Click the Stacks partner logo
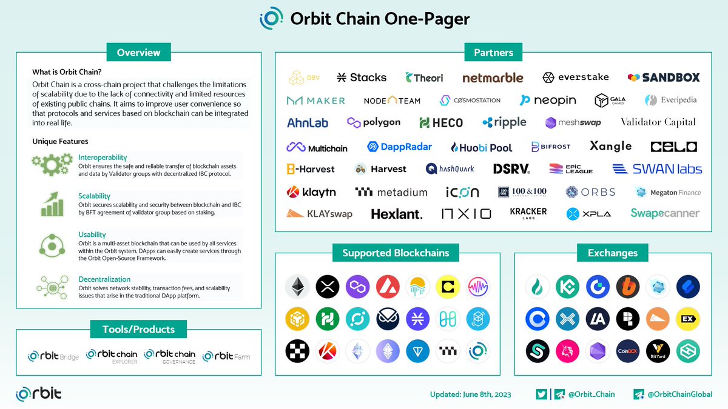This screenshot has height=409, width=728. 362,78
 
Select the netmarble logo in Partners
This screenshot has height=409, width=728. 493,78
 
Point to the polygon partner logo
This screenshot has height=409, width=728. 374,122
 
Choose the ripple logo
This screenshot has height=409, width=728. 504,122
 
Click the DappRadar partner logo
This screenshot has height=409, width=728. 399,147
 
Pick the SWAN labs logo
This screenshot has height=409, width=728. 657,169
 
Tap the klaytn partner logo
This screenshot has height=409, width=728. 311,192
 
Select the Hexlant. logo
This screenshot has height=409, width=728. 396,214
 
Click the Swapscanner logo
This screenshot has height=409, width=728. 665,213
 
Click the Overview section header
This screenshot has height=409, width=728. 138,52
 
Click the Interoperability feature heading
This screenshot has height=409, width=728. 103,158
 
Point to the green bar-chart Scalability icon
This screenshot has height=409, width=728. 52,204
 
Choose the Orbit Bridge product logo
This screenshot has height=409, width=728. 53,356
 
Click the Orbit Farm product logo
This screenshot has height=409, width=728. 226,356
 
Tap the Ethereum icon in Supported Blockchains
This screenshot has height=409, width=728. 297,287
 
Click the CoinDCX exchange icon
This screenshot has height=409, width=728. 628,351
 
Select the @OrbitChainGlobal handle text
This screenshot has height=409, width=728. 679,394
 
